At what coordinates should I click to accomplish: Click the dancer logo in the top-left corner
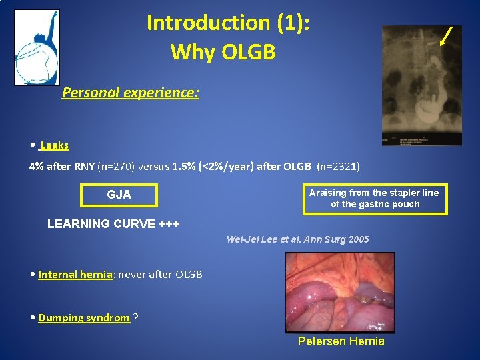37,47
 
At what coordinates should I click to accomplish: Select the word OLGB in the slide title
249,51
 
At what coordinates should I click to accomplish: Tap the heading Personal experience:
130,93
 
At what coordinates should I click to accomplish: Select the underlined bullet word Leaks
54,145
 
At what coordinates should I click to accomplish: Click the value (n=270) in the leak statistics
117,167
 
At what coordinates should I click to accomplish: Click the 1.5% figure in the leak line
184,167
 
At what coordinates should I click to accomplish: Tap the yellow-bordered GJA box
119,195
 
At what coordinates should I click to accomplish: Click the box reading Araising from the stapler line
375,198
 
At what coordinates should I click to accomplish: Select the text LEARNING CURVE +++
113,224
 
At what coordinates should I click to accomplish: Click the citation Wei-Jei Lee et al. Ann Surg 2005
297,239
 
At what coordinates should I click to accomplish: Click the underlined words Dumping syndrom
83,317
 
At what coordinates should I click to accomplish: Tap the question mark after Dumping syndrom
136,317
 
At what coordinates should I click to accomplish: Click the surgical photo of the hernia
339,292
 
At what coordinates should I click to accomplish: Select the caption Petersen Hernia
341,341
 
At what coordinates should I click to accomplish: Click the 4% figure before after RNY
36,167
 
